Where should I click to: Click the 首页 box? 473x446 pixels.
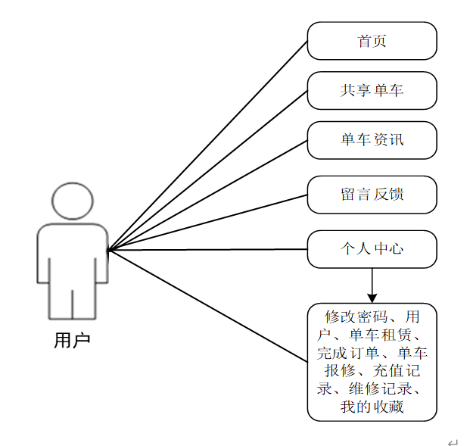[x=372, y=41]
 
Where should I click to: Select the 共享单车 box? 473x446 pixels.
[x=372, y=90]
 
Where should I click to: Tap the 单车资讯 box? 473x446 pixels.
[x=372, y=140]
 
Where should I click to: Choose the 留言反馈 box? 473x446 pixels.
[x=372, y=195]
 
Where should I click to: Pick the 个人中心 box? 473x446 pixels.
[x=372, y=248]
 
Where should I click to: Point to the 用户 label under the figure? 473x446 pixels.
[x=72, y=340]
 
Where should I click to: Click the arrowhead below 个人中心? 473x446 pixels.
[x=372, y=296]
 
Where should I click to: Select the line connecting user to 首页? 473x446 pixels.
[x=208, y=145]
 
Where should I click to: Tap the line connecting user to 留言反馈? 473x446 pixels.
[x=208, y=223]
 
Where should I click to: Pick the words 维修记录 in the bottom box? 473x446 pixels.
[x=379, y=389]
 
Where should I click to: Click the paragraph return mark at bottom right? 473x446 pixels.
[x=453, y=442]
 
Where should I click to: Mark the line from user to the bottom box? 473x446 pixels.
[x=208, y=305]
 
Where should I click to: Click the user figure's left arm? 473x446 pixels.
[x=43, y=254]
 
